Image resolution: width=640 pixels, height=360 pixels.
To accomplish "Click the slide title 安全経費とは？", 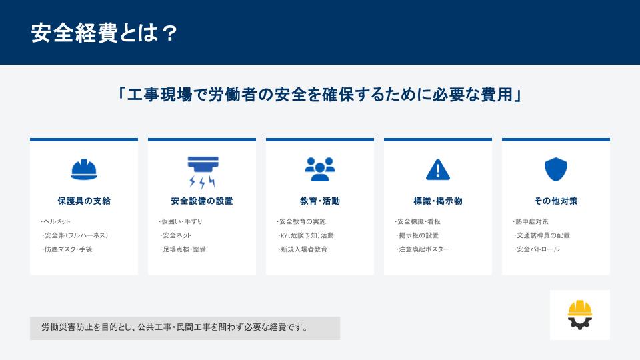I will point(104,33).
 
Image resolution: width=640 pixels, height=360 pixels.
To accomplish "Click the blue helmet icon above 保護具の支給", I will point(84,169).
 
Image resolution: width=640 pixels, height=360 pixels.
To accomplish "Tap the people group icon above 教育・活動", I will point(320,169).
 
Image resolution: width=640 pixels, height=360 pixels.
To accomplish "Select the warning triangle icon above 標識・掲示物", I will point(438,169).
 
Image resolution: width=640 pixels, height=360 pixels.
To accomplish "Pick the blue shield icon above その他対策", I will point(555,169).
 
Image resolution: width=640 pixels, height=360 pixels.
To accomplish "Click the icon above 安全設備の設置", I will point(202,171).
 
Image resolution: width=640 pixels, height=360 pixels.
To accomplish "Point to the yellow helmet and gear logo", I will point(579,315).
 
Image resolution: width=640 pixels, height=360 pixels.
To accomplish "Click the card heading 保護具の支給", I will point(84,201).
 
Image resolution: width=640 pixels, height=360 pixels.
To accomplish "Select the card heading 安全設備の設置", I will point(202,201).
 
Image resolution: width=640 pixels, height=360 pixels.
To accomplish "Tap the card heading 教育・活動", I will point(320,201).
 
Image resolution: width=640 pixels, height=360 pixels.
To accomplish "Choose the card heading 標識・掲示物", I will point(438,201).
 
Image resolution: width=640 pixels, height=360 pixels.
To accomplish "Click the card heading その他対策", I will point(555,201).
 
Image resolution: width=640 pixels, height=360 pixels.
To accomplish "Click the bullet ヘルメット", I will point(57,221).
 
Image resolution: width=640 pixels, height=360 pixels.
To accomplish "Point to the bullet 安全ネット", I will point(177,235).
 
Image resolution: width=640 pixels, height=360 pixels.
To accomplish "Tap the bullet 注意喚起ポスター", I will point(424,249).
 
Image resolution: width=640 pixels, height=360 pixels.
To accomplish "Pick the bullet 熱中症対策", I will point(532,221).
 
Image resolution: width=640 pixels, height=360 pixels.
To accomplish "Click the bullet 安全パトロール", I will point(538,249).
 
